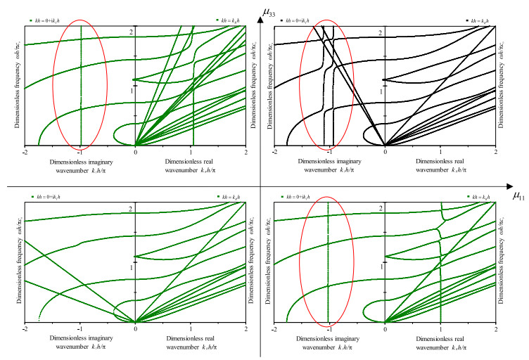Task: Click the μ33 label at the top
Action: tap(268, 10)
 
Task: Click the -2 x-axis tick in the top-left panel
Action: tap(25, 152)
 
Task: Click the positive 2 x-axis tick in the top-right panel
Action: tap(495, 152)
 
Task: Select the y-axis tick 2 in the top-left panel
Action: tap(131, 33)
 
